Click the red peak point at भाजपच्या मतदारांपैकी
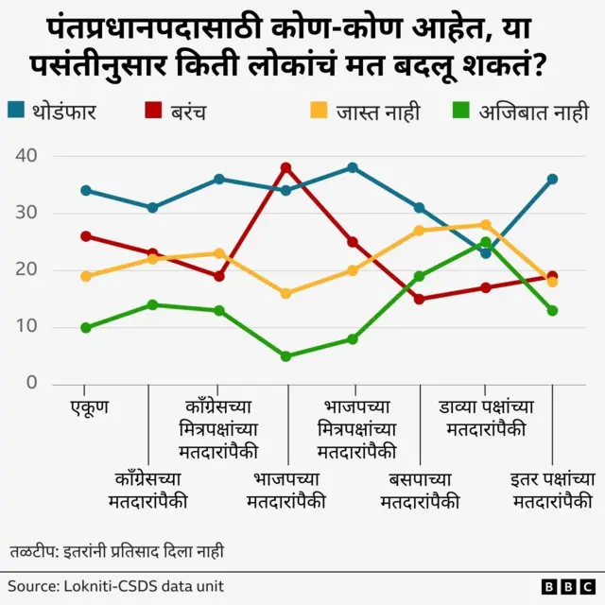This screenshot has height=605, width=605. click(x=285, y=167)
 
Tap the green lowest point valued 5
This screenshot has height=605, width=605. click(x=285, y=356)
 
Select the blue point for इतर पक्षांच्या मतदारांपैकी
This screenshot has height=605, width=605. click(x=552, y=179)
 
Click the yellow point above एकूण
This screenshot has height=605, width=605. click(x=86, y=276)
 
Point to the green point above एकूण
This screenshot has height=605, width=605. click(x=86, y=328)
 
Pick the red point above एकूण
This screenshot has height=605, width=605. click(x=86, y=236)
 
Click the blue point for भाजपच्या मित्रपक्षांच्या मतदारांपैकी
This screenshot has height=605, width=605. click(x=353, y=167)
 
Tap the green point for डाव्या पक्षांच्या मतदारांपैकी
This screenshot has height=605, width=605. click(x=486, y=242)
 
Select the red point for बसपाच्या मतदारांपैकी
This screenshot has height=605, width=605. click(x=419, y=299)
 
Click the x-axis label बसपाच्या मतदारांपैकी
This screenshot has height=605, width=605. click(x=420, y=490)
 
